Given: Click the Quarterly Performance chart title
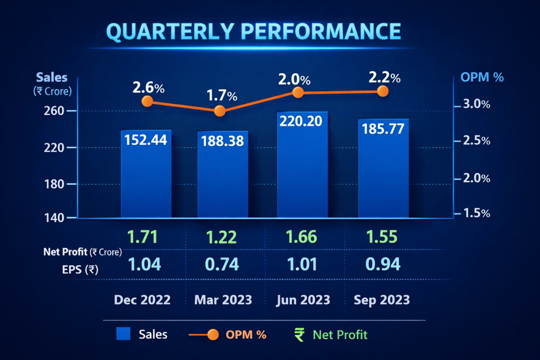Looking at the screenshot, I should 253,32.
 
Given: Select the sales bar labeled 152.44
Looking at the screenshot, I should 146,175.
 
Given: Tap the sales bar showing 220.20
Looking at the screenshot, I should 302,167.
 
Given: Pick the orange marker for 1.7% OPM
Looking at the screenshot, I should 220,111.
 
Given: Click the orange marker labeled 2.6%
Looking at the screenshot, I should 147,101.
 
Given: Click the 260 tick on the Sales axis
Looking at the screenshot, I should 53,110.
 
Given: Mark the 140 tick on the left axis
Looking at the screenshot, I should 53,218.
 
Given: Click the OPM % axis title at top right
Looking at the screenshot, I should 483,77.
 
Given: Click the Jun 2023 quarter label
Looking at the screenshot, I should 303,300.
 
